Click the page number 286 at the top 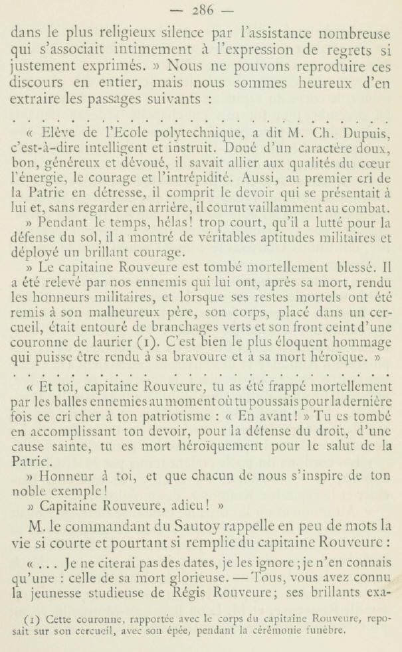[x=200, y=10]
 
